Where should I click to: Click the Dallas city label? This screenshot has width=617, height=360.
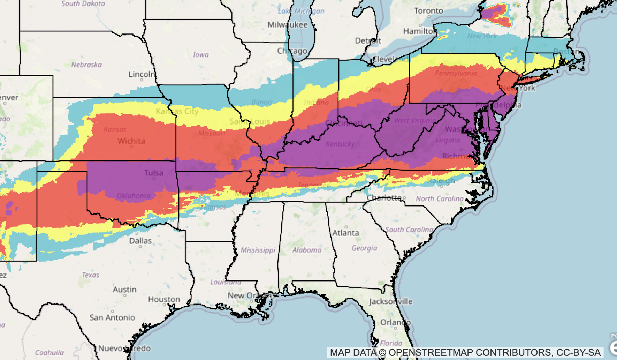(140, 241)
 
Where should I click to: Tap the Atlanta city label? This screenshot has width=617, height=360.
(345, 233)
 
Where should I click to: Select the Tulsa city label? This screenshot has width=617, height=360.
(153, 173)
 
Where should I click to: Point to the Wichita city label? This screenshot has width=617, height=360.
(131, 141)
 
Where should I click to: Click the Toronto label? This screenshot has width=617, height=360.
(428, 11)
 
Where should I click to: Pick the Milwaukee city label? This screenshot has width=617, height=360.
(287, 25)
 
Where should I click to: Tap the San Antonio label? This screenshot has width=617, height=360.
(112, 317)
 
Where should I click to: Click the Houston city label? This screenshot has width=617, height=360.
(164, 299)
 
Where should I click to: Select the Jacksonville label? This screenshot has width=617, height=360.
(391, 301)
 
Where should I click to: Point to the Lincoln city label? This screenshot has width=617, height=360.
(142, 74)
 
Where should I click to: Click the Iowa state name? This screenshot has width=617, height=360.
(201, 55)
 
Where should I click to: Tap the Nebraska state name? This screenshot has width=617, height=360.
(86, 65)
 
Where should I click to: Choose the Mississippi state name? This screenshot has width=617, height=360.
(258, 250)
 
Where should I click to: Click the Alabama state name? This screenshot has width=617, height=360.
(307, 250)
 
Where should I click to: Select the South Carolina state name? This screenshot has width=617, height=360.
(409, 230)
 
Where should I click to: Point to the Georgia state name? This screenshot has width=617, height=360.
(364, 248)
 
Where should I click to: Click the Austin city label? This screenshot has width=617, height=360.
(124, 290)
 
